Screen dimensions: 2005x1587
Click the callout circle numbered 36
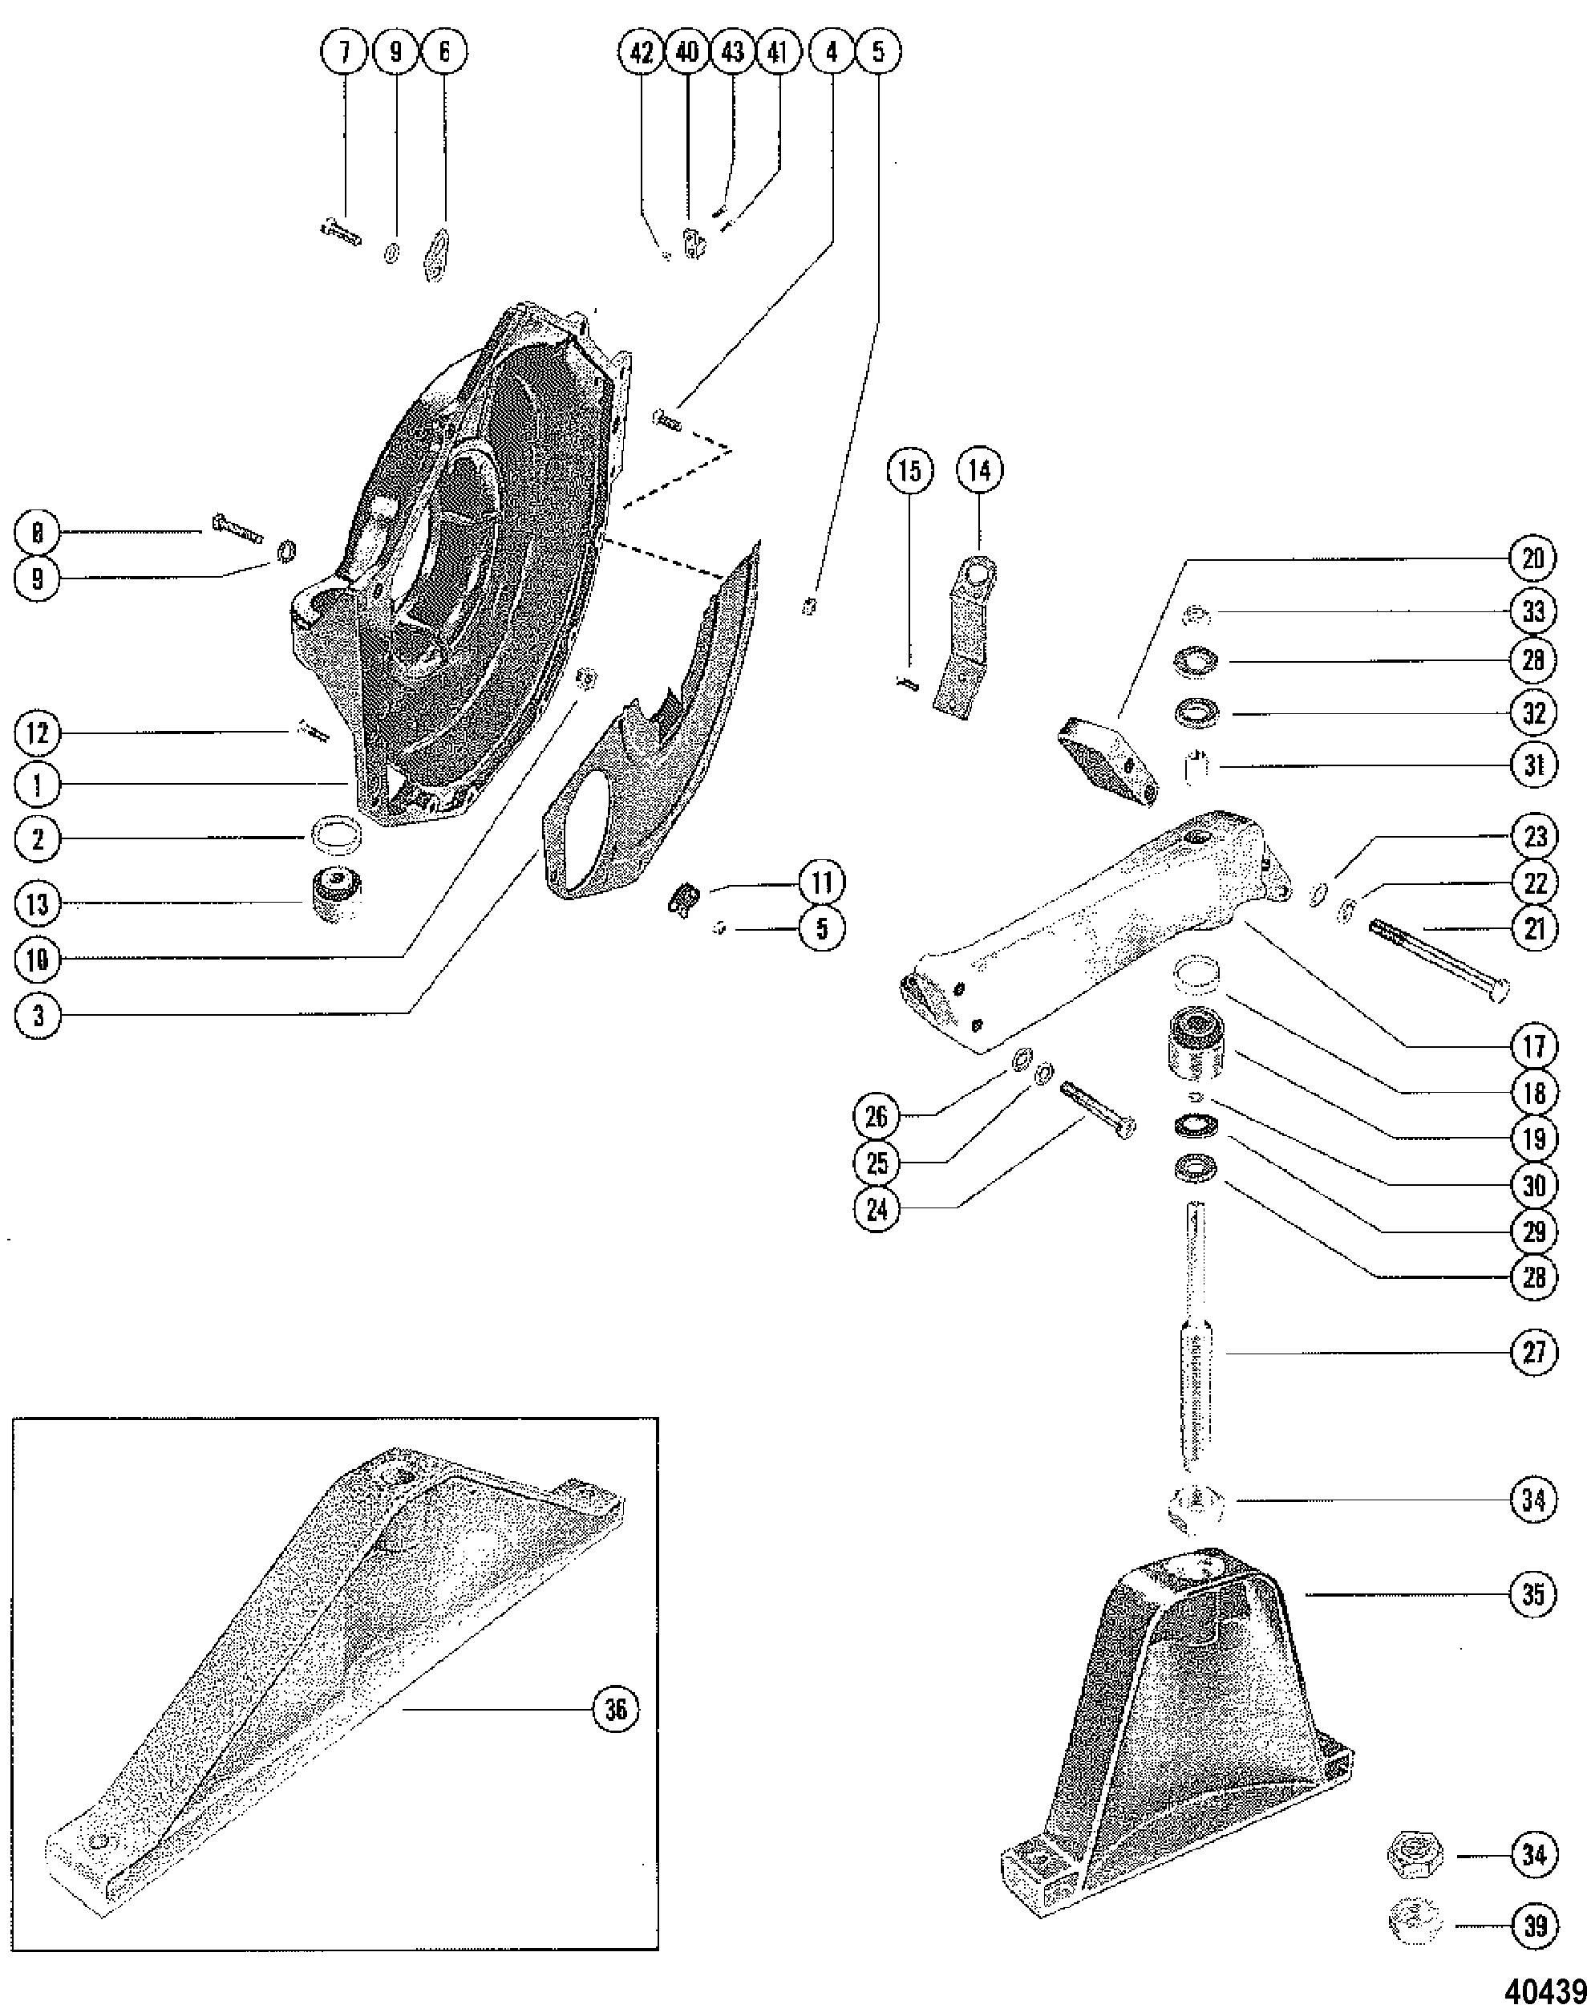(616, 1710)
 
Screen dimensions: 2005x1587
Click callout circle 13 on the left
(38, 903)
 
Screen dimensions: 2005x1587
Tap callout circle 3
(38, 1015)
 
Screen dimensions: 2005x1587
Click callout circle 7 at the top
(346, 53)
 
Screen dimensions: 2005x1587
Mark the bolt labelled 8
(238, 529)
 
